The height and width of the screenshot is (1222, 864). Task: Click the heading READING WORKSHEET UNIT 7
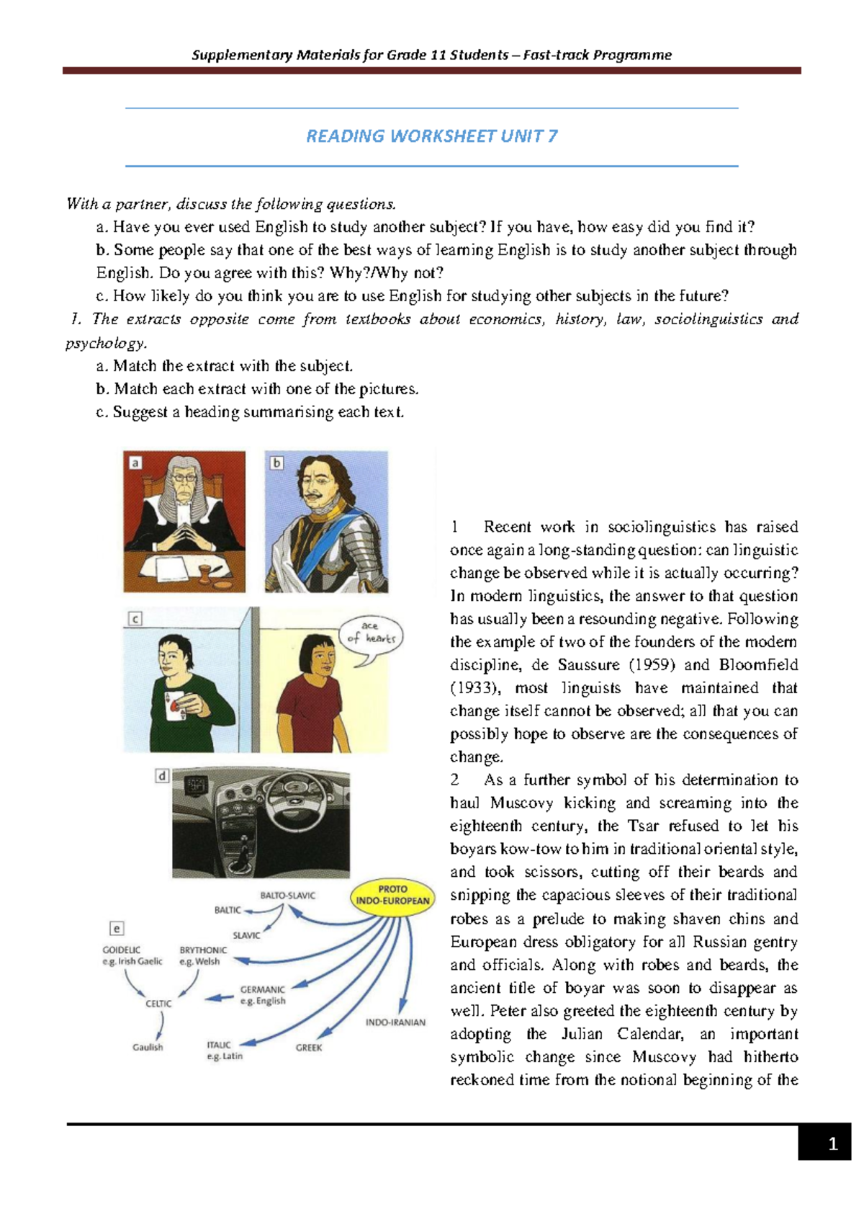pos(432,136)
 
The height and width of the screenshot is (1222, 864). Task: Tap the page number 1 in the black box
pos(832,1143)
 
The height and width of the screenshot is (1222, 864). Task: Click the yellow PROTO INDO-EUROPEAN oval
pos(392,895)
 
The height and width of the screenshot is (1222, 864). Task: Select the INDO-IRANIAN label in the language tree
pos(395,1022)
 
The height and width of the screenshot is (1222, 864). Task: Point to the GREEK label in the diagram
pos(308,1048)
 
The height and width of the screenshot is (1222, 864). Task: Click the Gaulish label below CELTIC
pos(148,1047)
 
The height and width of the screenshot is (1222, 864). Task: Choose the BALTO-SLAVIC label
pos(287,896)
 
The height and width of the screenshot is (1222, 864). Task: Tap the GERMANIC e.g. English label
pos(263,995)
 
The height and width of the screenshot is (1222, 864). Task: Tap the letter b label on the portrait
pos(276,463)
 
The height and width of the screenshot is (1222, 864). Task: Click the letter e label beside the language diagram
pos(117,929)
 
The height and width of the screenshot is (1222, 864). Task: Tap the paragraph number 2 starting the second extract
pos(455,780)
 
